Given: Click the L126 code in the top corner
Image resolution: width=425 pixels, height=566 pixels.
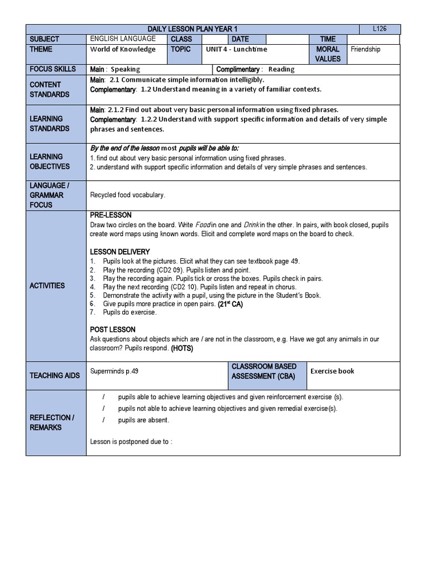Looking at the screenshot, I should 387,29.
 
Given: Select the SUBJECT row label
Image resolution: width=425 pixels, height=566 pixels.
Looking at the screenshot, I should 46,39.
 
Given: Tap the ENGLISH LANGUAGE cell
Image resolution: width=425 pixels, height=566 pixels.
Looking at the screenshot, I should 123,39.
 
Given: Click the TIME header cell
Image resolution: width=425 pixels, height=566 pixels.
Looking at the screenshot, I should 328,39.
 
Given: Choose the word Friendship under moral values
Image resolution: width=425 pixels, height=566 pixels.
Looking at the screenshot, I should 366,49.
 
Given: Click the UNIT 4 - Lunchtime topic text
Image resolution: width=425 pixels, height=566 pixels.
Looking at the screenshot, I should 236,49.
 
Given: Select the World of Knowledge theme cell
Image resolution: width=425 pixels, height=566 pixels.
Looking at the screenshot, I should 123,49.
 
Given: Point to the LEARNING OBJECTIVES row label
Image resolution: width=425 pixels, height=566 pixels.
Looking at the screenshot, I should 50,161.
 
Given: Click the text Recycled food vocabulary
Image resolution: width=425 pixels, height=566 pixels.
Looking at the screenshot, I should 127,195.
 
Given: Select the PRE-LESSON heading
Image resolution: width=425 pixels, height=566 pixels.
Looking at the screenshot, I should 111,214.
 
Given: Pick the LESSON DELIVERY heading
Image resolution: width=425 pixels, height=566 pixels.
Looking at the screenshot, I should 120,252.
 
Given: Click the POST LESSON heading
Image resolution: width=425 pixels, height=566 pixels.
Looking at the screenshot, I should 112,329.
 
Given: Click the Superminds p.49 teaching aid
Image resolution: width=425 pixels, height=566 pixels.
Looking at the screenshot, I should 114,371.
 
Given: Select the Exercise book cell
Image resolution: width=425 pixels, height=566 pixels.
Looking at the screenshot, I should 332,371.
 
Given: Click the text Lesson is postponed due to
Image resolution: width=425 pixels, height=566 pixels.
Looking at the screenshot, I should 131,442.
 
